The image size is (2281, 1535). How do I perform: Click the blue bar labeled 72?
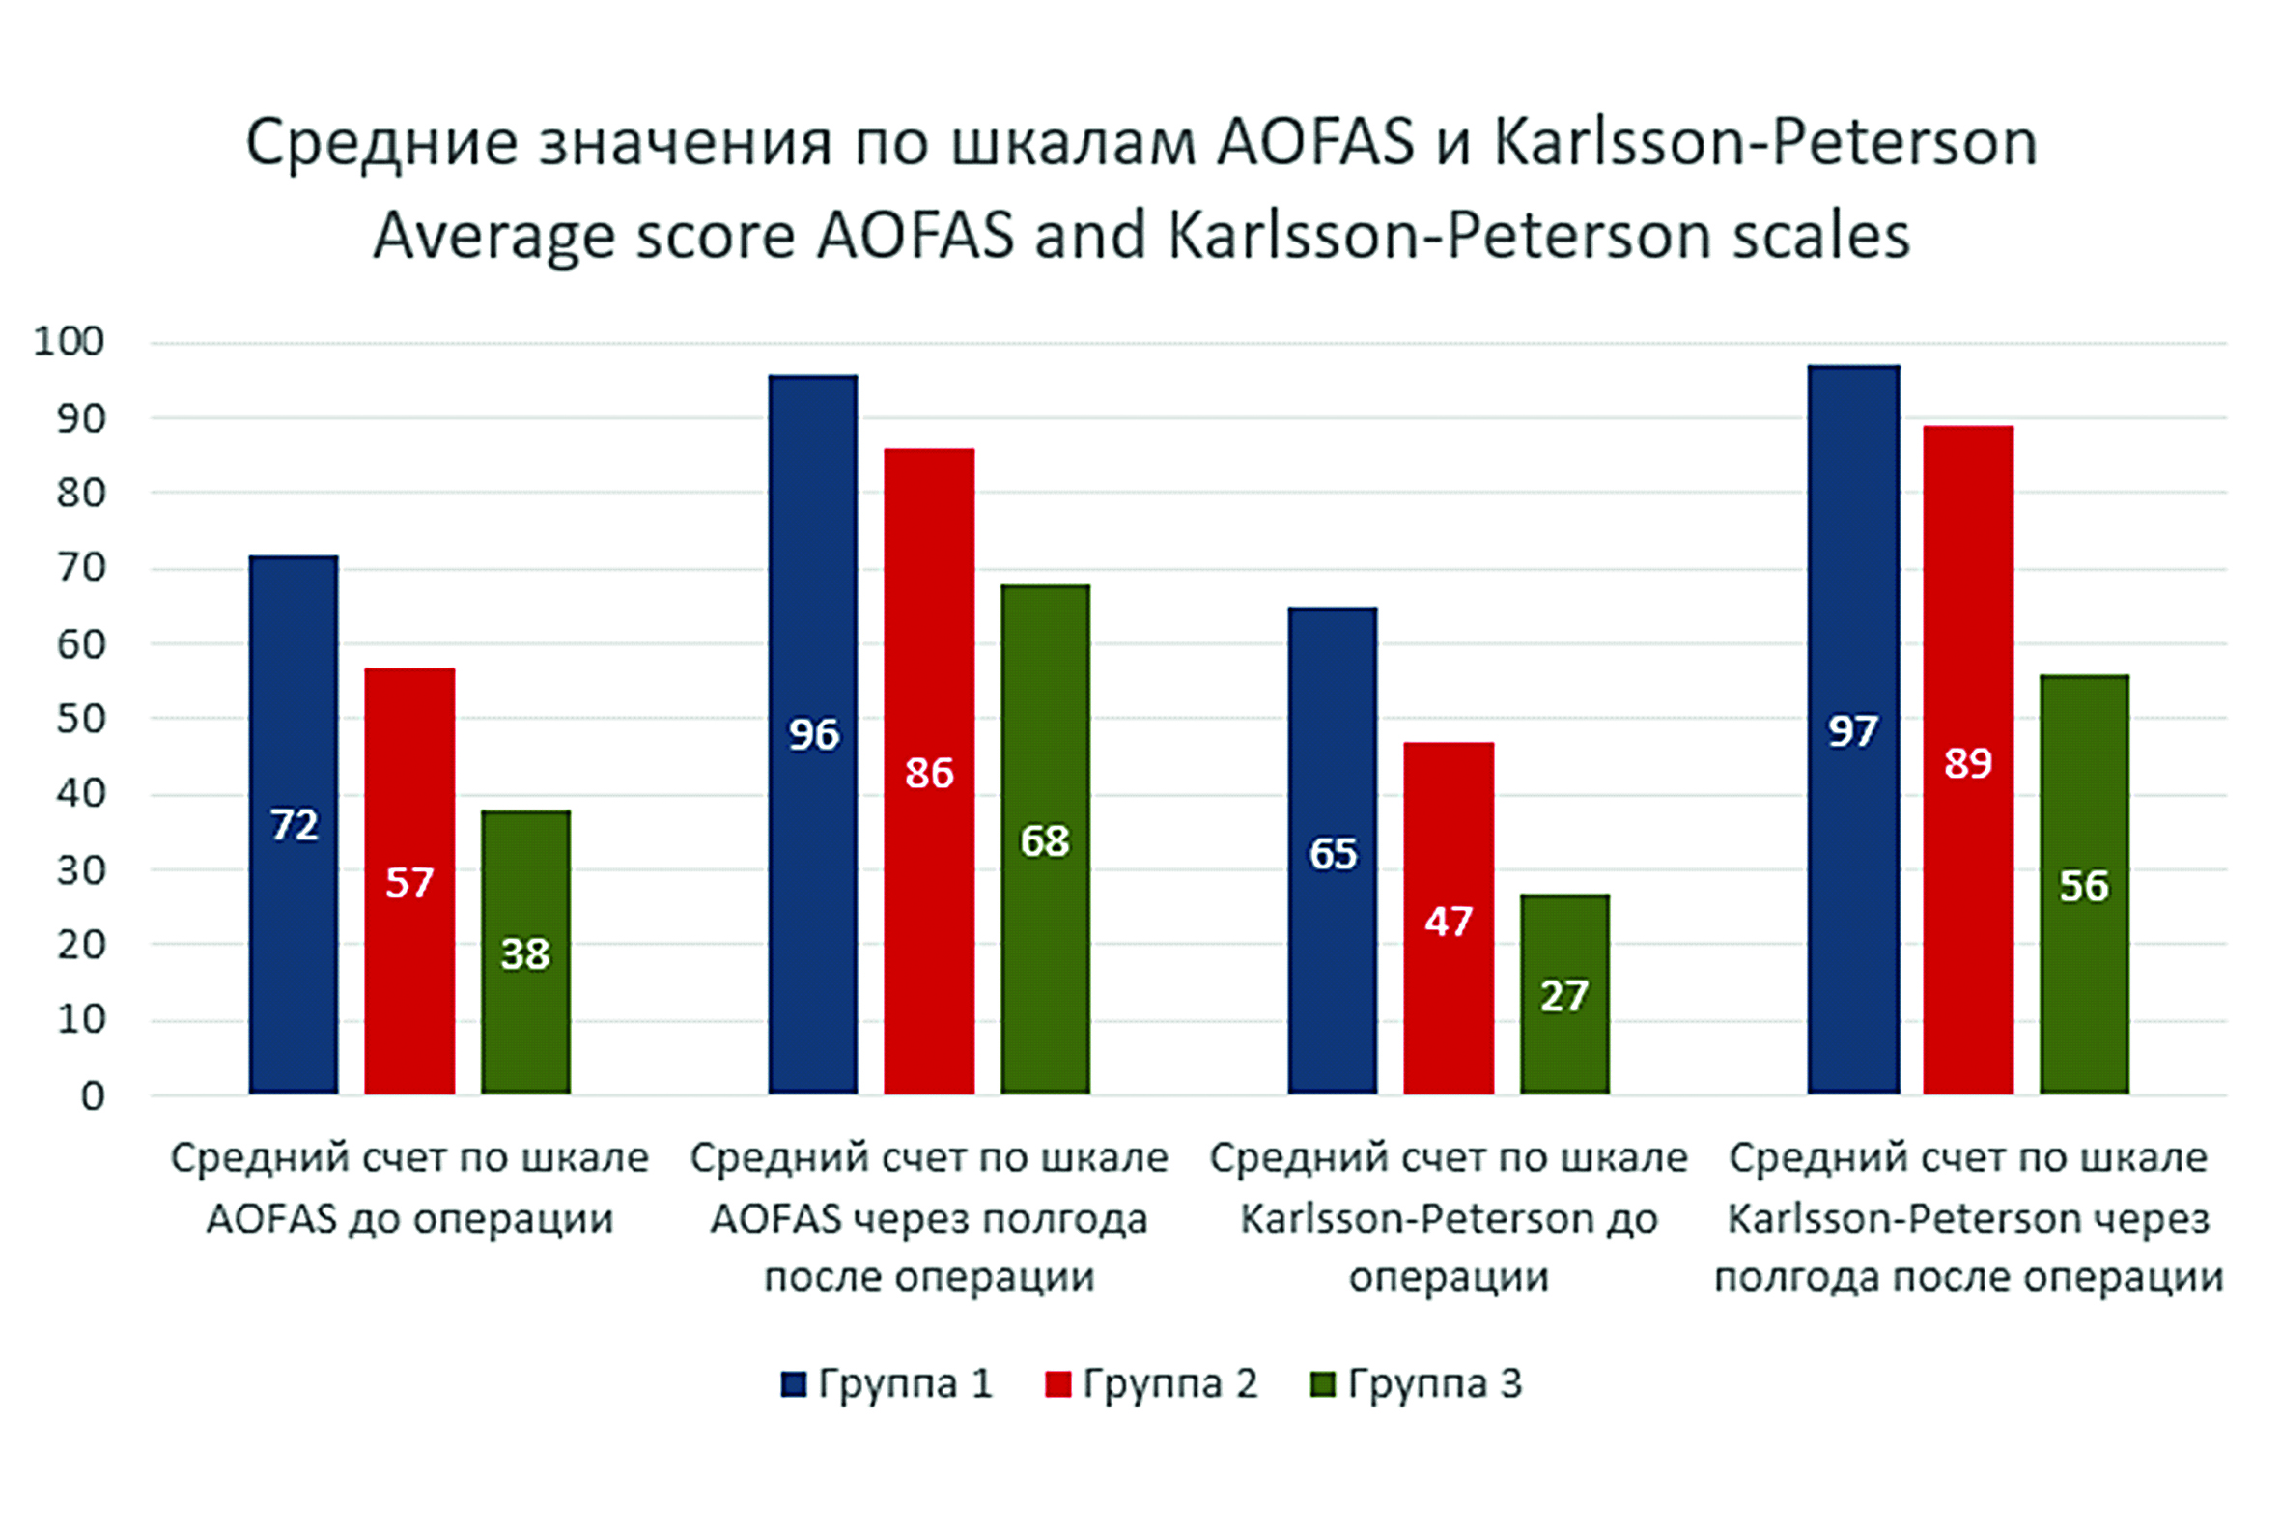294,824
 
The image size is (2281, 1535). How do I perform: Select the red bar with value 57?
409,881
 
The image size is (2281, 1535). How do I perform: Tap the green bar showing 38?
525,952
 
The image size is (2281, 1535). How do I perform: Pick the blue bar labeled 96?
813,734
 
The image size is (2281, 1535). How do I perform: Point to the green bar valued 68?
1044,839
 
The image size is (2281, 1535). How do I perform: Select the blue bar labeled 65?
1332,851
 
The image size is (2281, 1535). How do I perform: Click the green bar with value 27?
1563,994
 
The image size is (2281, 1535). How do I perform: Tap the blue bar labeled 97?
1852,729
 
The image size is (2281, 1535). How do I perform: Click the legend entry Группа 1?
887,1383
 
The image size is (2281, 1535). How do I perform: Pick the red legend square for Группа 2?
1057,1384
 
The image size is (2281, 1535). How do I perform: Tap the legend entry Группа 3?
1416,1383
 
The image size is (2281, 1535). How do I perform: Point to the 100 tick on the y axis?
69,342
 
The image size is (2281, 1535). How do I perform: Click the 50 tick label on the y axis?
80,719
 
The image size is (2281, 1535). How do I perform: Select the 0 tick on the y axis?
92,1096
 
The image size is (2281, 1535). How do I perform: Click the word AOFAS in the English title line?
915,236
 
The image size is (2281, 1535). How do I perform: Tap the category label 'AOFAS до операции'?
409,1219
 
